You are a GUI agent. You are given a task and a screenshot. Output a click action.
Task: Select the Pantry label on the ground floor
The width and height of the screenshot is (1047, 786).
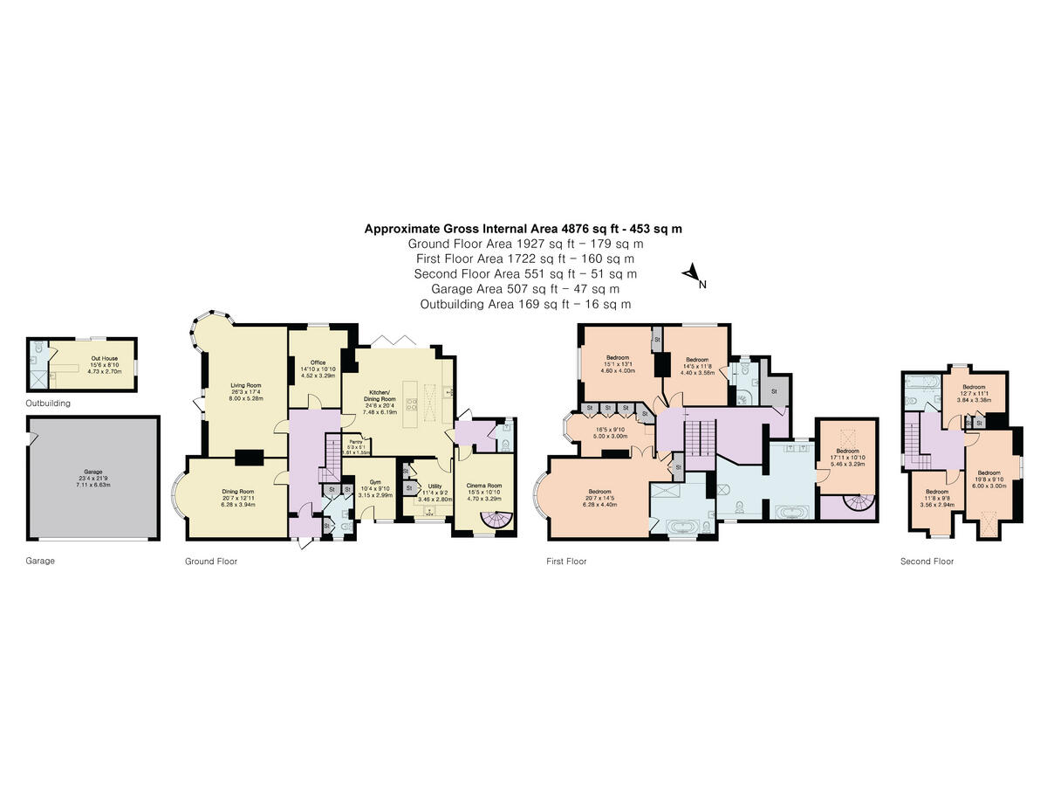355,443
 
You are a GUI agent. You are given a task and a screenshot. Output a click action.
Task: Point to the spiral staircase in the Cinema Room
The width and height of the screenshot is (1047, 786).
500,521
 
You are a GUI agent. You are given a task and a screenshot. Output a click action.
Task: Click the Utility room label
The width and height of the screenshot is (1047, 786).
435,486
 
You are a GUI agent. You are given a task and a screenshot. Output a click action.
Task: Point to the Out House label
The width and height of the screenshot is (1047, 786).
104,358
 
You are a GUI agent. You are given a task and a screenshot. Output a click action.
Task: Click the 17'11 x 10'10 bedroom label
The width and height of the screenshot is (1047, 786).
848,451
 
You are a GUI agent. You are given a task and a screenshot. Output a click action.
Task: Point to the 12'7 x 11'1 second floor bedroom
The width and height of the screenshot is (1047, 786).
974,387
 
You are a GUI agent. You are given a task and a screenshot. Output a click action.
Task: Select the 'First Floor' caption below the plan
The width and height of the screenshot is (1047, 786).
567,562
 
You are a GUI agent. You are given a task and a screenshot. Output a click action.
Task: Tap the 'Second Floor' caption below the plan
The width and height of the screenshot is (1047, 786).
927,562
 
